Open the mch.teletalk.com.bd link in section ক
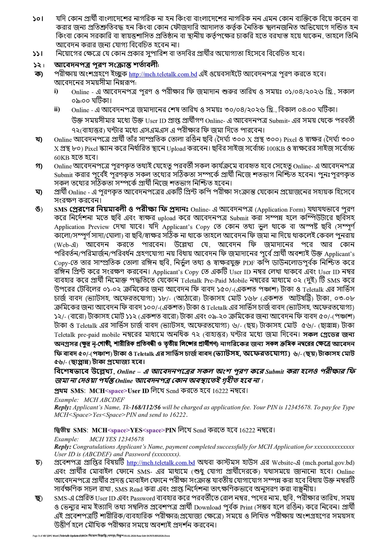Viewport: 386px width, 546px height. (163, 74)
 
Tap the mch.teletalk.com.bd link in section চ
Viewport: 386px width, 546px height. (161, 463)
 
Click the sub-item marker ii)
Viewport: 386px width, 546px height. (57, 109)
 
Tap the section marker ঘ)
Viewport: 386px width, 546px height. (39, 192)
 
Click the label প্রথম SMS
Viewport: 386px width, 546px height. (69, 391)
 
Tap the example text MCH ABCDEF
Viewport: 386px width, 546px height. (104, 400)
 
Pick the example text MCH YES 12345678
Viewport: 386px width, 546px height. (117, 439)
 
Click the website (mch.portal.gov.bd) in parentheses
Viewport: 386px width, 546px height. (329, 463)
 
